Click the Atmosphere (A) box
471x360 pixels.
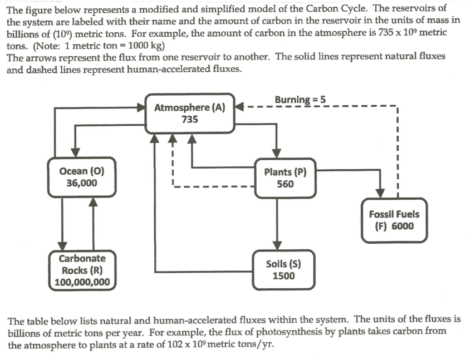tap(189, 113)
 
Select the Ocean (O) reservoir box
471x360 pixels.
tap(81, 177)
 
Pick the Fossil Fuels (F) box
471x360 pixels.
tap(394, 220)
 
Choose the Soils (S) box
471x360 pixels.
tap(283, 269)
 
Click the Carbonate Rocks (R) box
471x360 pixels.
tap(82, 270)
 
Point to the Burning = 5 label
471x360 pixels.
tap(300, 100)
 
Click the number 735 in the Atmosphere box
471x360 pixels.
tap(189, 119)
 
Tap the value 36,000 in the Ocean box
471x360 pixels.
tap(81, 183)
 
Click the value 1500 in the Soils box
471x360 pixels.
tap(283, 275)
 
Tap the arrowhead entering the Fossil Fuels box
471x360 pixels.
tap(381, 192)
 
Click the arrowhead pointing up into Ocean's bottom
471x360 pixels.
tap(94, 203)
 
